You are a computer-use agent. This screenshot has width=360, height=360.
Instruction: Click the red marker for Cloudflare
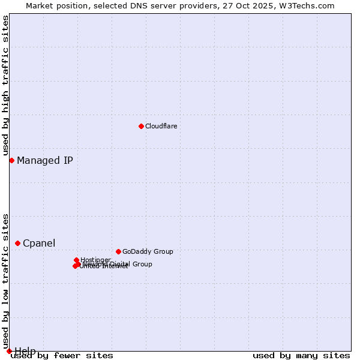[141, 126]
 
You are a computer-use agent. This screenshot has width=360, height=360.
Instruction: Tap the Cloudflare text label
[161, 126]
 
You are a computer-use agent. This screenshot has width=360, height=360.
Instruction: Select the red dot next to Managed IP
[11, 160]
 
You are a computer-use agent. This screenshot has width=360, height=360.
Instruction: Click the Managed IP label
[45, 160]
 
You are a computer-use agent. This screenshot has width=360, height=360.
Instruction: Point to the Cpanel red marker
[17, 243]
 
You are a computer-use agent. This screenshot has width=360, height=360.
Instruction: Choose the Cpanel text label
[39, 243]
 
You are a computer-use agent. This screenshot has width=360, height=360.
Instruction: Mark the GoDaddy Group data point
[118, 251]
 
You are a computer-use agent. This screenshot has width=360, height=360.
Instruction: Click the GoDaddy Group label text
[148, 251]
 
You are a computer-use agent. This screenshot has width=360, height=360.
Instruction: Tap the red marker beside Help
[9, 351]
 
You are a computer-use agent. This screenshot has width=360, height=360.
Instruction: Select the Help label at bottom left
[25, 350]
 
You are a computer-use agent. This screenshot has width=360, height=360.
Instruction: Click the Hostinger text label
[95, 260]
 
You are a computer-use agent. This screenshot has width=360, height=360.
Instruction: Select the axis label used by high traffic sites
[5, 86]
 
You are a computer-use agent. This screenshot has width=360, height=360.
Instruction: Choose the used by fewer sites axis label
[62, 356]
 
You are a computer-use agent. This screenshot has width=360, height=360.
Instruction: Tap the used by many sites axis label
[301, 356]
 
